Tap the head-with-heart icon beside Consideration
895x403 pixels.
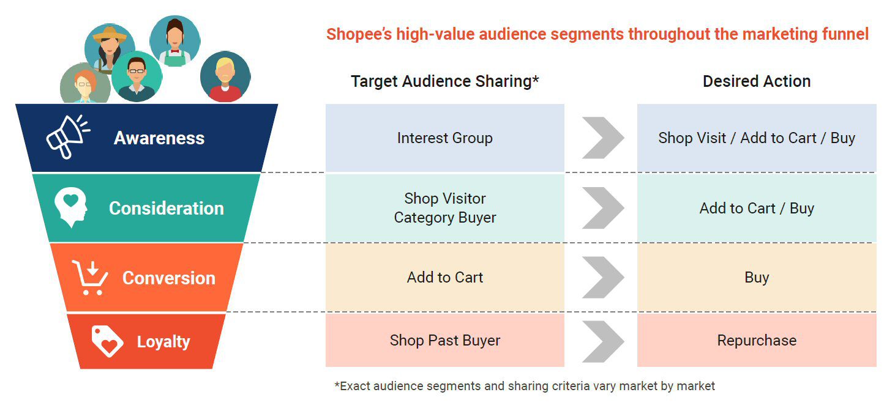click(x=72, y=208)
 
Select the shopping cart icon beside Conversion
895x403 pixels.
click(x=89, y=278)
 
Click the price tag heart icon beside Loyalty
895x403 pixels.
click(x=107, y=341)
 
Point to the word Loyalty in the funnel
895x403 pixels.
click(x=163, y=342)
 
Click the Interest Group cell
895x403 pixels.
click(x=444, y=138)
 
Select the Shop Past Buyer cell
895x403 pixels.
click(x=444, y=341)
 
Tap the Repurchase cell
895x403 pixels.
click(x=757, y=341)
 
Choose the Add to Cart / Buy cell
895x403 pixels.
click(x=757, y=209)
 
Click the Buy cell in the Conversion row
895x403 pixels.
click(x=757, y=278)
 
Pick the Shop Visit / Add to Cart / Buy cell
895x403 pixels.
click(x=757, y=138)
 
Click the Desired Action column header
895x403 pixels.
click(x=757, y=81)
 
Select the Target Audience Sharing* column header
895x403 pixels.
click(x=444, y=81)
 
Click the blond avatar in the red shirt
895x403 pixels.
click(x=225, y=76)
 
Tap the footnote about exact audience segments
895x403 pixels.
click(x=525, y=386)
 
